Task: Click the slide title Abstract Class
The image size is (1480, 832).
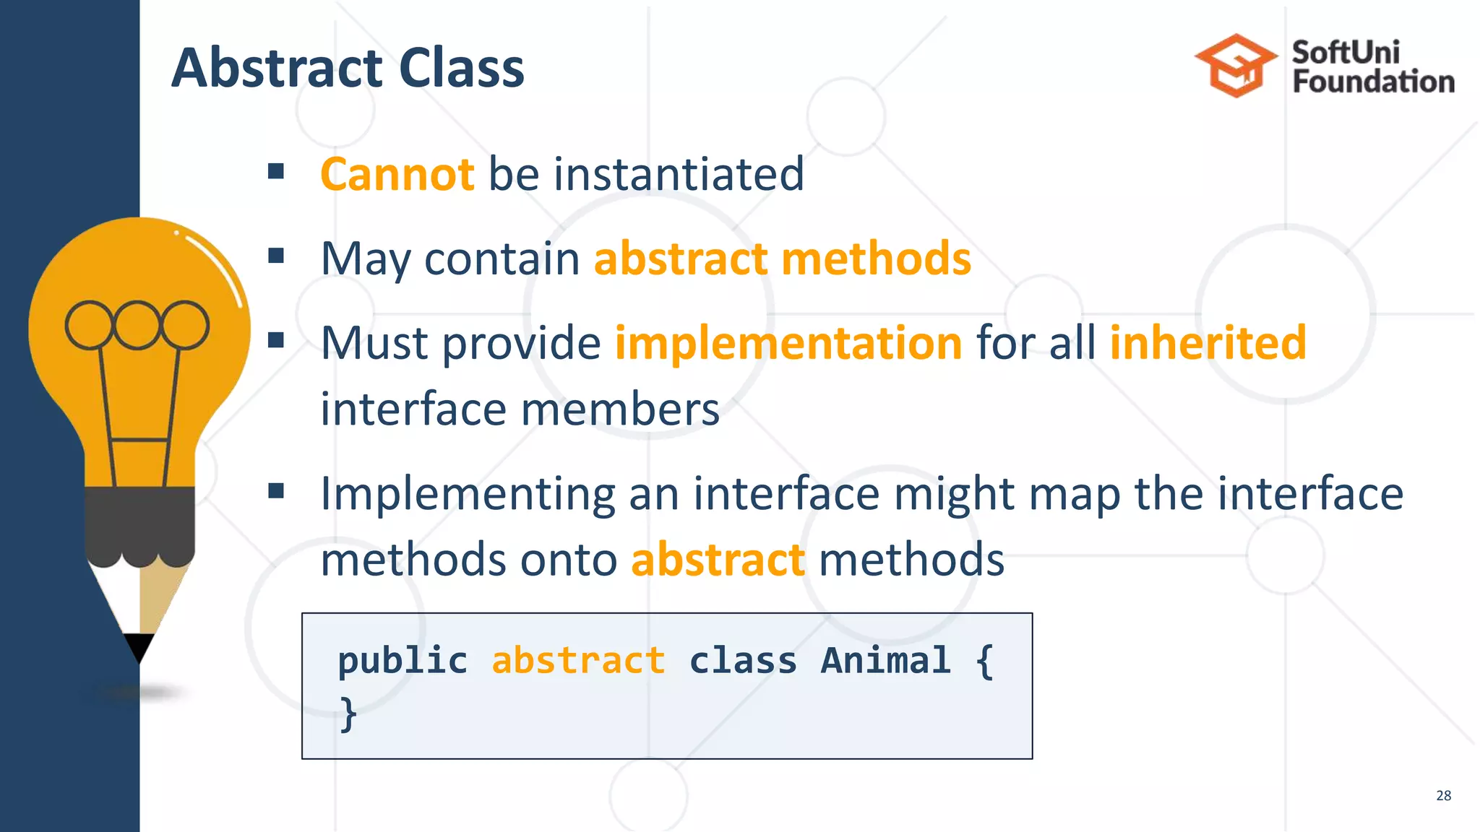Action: pos(348,68)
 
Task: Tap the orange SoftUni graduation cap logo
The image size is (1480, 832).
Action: pos(1236,66)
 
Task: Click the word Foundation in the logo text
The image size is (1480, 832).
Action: pos(1373,82)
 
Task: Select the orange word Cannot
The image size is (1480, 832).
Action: pos(397,174)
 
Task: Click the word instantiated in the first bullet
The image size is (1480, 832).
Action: pos(679,174)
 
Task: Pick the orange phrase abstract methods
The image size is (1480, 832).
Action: pos(782,259)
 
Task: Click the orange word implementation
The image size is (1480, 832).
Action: pos(788,342)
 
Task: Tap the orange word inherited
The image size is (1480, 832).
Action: pos(1208,342)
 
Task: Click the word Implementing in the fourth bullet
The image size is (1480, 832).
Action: pos(467,494)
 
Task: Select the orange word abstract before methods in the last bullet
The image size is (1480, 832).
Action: pos(718,560)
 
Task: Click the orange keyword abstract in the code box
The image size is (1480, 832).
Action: pos(578,660)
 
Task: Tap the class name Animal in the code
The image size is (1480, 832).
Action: pos(885,660)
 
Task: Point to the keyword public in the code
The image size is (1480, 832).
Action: pos(403,660)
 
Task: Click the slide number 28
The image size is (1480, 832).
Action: pos(1443,795)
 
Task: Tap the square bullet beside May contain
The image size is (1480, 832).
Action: pos(275,256)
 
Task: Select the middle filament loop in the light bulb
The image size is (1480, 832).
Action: pos(137,325)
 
